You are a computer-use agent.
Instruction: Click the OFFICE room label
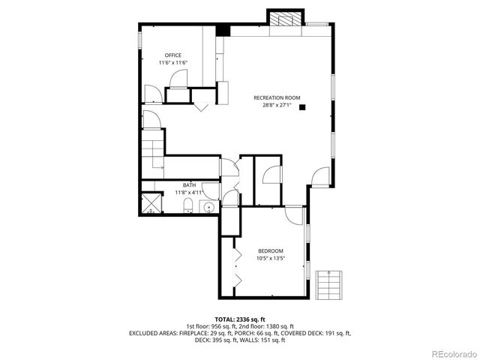(x=173, y=55)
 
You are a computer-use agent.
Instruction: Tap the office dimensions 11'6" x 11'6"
(x=173, y=63)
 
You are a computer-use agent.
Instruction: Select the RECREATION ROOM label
(x=277, y=97)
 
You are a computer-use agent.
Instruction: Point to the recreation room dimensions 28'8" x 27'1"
(x=277, y=105)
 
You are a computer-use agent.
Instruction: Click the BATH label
(x=190, y=184)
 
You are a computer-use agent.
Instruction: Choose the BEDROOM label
(x=271, y=250)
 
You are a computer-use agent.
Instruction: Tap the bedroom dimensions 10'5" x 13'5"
(x=271, y=258)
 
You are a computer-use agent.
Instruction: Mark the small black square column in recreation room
(x=303, y=108)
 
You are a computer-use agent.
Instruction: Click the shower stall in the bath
(x=151, y=204)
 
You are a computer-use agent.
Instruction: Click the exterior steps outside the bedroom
(x=328, y=284)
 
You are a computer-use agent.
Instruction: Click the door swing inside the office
(x=153, y=94)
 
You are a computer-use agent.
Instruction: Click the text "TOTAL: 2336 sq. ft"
(x=240, y=319)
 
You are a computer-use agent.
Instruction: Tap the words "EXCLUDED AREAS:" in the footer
(x=154, y=333)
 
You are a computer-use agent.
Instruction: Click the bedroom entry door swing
(x=295, y=216)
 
